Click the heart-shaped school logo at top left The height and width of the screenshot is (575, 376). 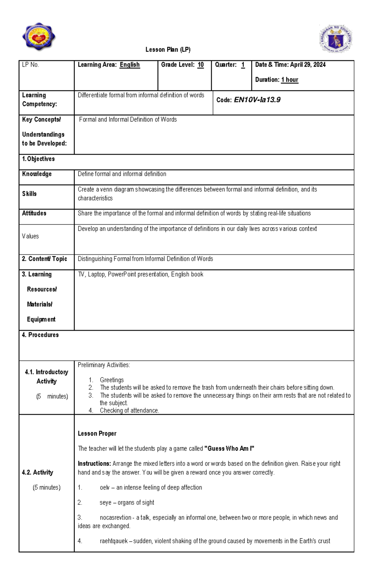click(39, 37)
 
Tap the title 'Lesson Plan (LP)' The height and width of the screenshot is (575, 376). click(168, 50)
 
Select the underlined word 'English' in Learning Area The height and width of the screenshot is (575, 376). click(130, 65)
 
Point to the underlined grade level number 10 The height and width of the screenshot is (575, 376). click(201, 65)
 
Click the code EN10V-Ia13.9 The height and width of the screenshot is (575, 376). click(257, 100)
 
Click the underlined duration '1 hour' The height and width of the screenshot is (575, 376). click(290, 80)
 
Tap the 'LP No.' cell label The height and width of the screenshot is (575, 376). click(30, 65)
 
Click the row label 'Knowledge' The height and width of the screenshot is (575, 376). click(37, 174)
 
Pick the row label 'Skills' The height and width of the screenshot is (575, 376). click(29, 194)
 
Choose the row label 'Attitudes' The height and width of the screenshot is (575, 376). click(34, 213)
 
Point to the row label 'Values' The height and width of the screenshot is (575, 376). click(30, 236)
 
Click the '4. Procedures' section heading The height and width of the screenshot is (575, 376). click(40, 335)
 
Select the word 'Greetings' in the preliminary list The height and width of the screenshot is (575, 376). click(112, 380)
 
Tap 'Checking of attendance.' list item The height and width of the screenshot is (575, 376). click(129, 410)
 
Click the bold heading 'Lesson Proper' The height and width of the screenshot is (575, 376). click(97, 434)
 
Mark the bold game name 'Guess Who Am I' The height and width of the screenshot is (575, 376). click(229, 449)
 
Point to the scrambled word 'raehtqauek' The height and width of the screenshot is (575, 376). click(114, 541)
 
